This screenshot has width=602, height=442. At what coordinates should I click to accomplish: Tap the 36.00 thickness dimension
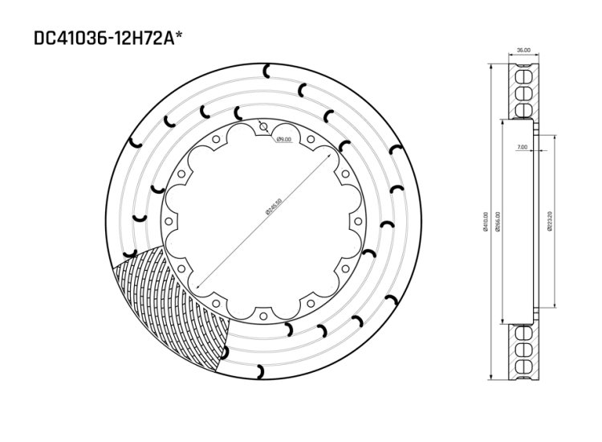click(x=523, y=51)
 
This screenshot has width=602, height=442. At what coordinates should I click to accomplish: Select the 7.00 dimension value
click(x=523, y=148)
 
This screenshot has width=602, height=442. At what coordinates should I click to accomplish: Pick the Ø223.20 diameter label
click(x=549, y=222)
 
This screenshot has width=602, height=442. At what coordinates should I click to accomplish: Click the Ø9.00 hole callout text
click(x=283, y=139)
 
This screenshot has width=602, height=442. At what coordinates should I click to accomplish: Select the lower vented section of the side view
click(x=523, y=352)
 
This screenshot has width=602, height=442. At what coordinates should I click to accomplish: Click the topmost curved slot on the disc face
click(x=267, y=73)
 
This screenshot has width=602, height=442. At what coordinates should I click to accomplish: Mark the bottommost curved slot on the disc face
click(x=261, y=370)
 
